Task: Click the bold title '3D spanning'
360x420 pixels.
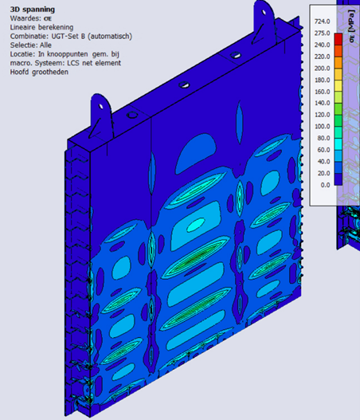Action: tap(33, 10)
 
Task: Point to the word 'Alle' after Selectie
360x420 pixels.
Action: tap(45, 45)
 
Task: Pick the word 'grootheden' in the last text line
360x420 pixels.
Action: tap(50, 73)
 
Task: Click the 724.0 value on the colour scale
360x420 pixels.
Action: tap(323, 22)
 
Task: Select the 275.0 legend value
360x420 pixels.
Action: tap(323, 33)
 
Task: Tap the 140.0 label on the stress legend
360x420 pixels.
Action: tap(323, 103)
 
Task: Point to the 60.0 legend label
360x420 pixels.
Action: tap(323, 150)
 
